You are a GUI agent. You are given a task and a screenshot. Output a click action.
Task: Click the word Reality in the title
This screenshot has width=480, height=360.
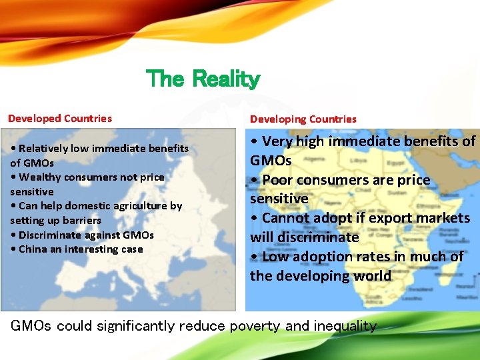coord(225,79)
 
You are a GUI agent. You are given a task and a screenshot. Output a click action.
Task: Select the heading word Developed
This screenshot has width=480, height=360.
coord(33,119)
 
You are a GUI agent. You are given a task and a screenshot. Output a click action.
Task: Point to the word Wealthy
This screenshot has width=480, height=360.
coord(39,177)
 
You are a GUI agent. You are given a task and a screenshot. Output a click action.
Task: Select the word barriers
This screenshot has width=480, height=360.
coord(83,221)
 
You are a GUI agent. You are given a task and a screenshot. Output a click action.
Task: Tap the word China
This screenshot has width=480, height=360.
coord(33,249)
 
